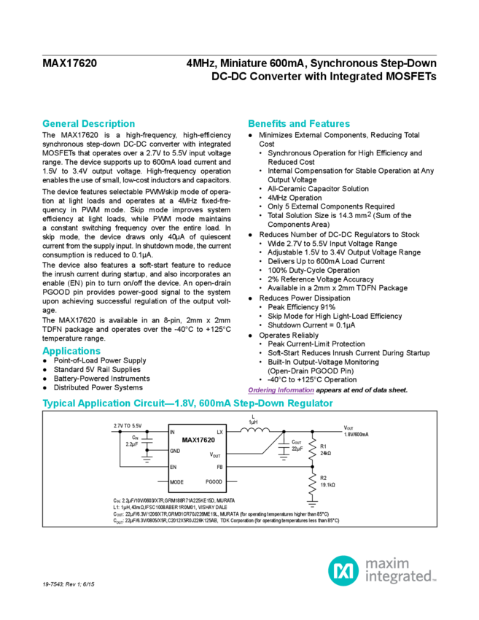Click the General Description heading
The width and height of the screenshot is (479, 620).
point(87,124)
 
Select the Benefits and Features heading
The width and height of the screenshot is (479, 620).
point(299,124)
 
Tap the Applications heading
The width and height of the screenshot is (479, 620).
point(71,351)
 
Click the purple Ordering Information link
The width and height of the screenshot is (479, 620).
point(273,390)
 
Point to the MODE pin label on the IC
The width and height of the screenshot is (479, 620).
point(176,481)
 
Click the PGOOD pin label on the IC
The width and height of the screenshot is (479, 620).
point(213,481)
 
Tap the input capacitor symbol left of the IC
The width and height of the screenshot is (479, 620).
point(147,443)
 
